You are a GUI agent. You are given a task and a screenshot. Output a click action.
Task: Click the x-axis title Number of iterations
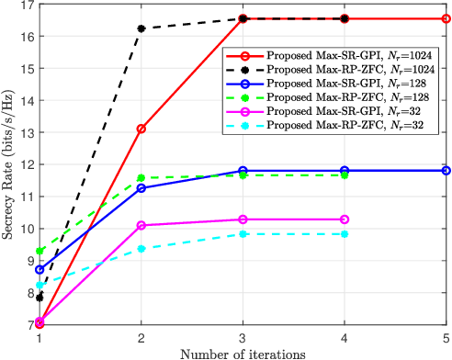coord(243,352)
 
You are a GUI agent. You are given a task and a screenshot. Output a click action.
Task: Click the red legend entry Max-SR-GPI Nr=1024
coord(340,55)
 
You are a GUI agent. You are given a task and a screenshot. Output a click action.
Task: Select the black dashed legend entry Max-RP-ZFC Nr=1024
coord(340,70)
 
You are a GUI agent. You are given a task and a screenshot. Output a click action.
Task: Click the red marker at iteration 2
coord(141,129)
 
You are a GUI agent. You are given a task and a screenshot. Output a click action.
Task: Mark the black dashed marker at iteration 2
coord(141,28)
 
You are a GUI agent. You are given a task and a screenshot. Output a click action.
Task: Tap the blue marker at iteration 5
coord(446,170)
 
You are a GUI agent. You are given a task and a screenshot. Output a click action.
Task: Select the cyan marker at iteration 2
coord(141,248)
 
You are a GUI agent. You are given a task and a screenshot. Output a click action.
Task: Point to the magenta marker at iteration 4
coord(345,219)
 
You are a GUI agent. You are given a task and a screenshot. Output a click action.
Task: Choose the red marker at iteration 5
coord(446,18)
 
